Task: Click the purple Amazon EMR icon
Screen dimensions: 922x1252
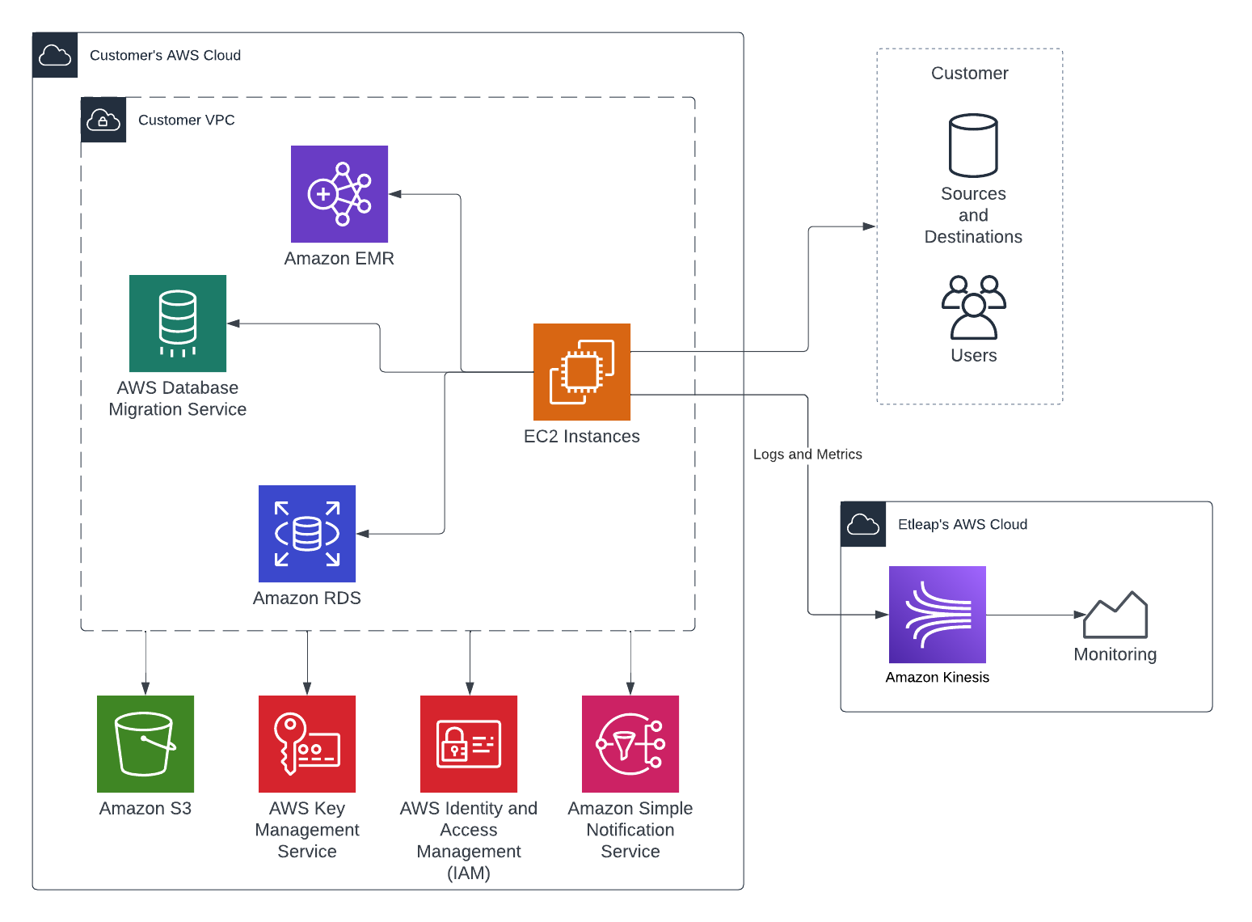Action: [x=339, y=194]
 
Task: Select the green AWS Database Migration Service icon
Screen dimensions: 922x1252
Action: [x=178, y=324]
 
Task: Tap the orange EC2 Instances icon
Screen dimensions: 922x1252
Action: [x=582, y=372]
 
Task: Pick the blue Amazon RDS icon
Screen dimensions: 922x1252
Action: [x=307, y=534]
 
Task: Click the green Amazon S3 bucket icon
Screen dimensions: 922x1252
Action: [x=145, y=744]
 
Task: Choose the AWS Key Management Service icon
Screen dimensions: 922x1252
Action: [x=307, y=744]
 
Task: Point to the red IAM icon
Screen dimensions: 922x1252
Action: [x=469, y=744]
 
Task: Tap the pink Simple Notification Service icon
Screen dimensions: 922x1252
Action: [x=630, y=744]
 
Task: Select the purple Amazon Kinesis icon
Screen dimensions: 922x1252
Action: [x=938, y=615]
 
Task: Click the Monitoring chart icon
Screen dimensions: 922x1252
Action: [x=1115, y=615]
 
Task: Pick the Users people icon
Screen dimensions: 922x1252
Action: [x=974, y=307]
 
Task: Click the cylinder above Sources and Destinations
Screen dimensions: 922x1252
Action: [x=973, y=146]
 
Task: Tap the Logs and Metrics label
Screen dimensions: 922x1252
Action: [x=807, y=455]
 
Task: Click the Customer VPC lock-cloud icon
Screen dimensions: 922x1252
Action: [x=103, y=120]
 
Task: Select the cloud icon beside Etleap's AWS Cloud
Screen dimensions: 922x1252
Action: [x=863, y=524]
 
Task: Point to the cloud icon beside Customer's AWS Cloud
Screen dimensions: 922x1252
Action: [x=55, y=55]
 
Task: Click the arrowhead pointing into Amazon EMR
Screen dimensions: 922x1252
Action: [x=394, y=194]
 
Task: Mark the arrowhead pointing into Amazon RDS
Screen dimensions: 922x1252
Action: [x=362, y=534]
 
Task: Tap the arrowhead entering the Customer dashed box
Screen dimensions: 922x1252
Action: [x=870, y=226]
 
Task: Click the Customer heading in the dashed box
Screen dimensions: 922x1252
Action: [x=970, y=74]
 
